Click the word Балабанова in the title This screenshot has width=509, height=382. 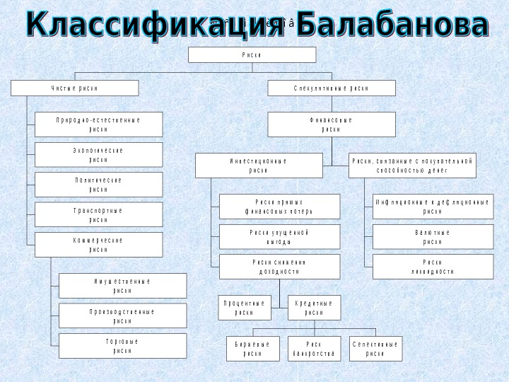[x=393, y=25]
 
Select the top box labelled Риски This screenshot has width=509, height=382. [x=252, y=55]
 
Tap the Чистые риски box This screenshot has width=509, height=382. [x=74, y=88]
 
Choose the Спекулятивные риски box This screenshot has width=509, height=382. [x=331, y=88]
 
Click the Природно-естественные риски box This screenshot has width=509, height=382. [x=99, y=125]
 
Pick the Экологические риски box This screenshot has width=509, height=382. [x=99, y=155]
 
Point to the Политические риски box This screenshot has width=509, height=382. [x=99, y=185]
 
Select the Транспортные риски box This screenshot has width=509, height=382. [x=99, y=215]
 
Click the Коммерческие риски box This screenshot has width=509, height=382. [x=99, y=245]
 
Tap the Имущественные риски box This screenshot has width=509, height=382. [x=122, y=286]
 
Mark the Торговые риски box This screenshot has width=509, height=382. [x=122, y=346]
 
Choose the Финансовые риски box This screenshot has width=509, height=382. [x=331, y=125]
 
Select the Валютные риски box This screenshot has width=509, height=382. [x=433, y=237]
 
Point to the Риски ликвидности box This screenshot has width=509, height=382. [x=433, y=267]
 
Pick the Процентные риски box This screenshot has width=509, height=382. [x=244, y=308]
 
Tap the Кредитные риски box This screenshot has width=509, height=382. [x=314, y=308]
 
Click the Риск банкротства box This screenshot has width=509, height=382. [x=314, y=349]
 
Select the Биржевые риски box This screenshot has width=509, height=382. [x=252, y=349]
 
